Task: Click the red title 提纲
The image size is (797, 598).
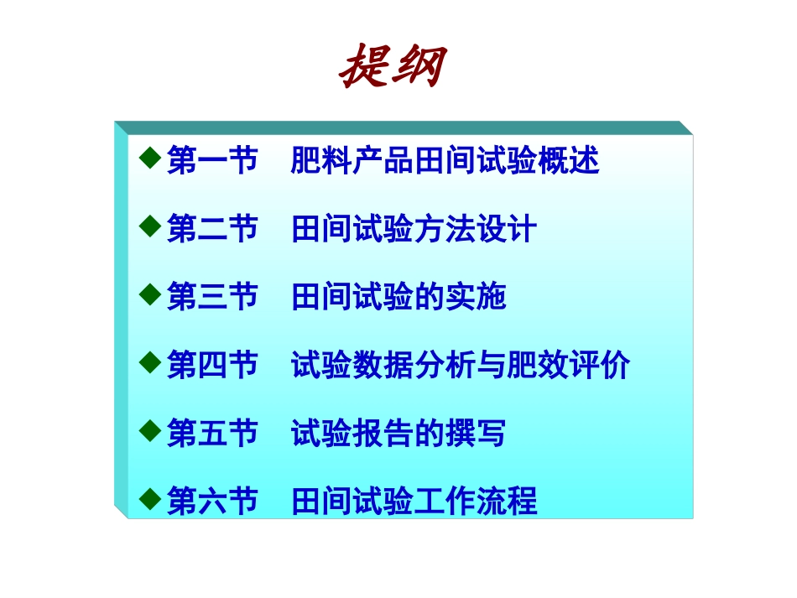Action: coord(393,66)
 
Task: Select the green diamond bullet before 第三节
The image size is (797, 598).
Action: coord(149,294)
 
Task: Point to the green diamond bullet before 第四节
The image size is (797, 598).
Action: coord(149,362)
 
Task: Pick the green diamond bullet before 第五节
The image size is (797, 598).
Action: coord(149,431)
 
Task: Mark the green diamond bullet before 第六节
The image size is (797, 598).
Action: coord(149,500)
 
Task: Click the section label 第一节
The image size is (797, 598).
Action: coord(212,159)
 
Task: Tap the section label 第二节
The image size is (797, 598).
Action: coord(212,228)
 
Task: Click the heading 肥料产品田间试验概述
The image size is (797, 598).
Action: coord(445,159)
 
